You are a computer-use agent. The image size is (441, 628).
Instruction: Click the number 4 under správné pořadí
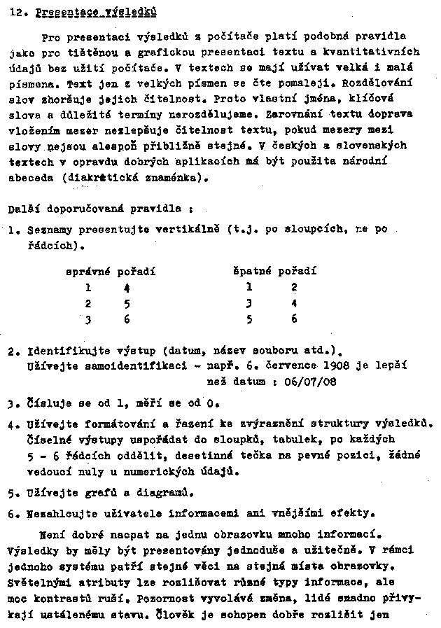click(x=127, y=286)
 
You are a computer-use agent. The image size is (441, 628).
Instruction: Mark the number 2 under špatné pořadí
click(x=294, y=286)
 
